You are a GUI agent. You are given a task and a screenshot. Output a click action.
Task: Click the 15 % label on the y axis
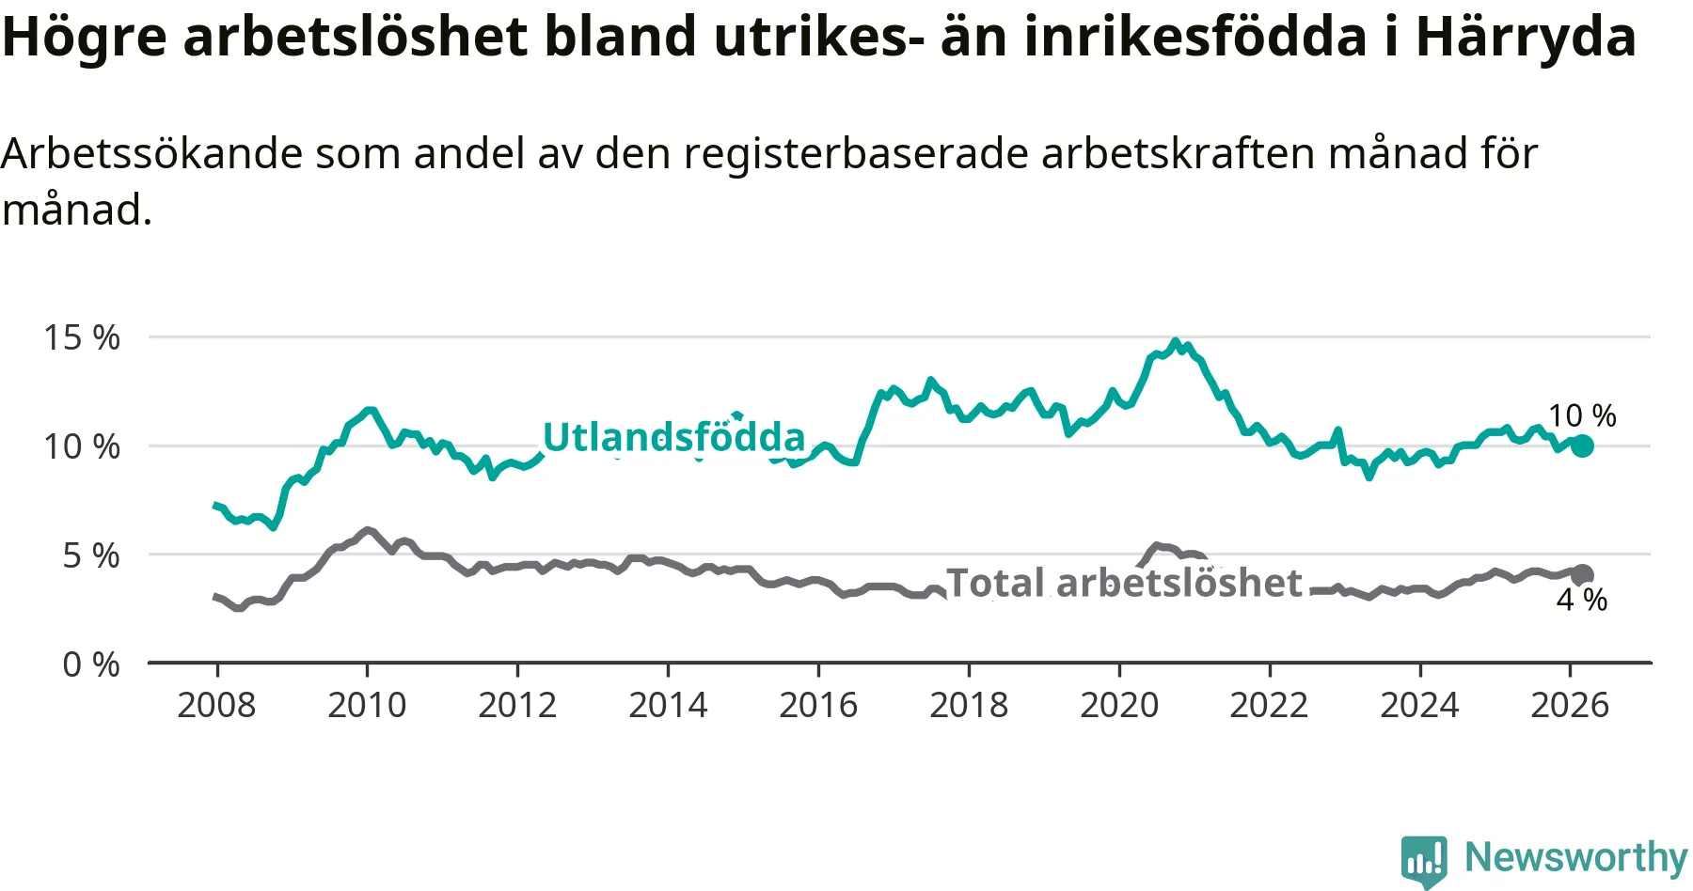[x=82, y=337]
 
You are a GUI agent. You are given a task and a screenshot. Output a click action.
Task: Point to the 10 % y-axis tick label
[x=82, y=446]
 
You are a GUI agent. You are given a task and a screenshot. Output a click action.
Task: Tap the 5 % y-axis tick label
[x=91, y=555]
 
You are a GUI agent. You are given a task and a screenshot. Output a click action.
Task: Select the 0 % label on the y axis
[x=91, y=664]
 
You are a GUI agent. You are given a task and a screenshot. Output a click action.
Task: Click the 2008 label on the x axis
[x=216, y=705]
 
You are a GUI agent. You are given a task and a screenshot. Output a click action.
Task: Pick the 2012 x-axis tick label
[x=517, y=705]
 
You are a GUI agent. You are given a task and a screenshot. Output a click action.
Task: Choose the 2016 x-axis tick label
[x=818, y=705]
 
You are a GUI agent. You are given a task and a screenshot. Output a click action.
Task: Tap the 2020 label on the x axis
[x=1119, y=705]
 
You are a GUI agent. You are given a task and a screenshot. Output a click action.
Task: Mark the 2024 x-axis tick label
[x=1419, y=705]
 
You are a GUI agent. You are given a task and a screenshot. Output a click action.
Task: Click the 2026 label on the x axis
[x=1570, y=705]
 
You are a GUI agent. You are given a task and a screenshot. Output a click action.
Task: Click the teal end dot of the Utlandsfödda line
[x=1582, y=445]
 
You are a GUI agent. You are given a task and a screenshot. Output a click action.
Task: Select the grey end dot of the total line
[x=1583, y=575]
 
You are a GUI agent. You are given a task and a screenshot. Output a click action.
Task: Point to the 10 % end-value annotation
[x=1582, y=415]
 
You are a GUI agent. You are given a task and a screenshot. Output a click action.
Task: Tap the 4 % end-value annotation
[x=1582, y=600]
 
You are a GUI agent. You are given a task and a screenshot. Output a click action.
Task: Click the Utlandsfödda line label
[x=673, y=437]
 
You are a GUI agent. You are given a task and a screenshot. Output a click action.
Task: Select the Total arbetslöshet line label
[x=1124, y=583]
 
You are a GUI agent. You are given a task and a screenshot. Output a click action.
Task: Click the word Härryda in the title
[x=1526, y=38]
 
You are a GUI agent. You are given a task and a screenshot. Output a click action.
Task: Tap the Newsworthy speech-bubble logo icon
[x=1424, y=859]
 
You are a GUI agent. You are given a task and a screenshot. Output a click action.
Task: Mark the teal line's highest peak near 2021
[x=1175, y=341]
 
